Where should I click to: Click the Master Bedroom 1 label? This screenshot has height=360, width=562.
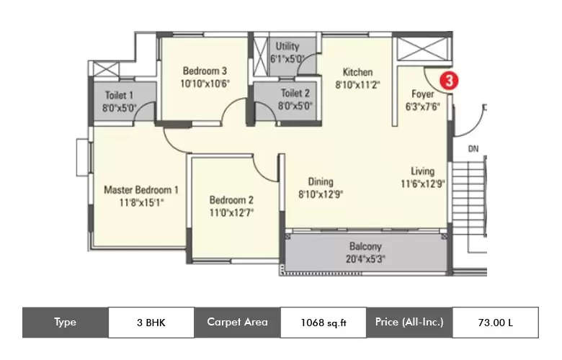[141, 190]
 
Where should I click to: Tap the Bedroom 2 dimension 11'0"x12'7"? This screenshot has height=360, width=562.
[231, 212]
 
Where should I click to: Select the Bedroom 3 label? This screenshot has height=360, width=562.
[205, 71]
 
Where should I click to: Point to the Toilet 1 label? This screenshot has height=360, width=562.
[119, 95]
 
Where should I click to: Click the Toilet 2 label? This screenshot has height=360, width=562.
[295, 93]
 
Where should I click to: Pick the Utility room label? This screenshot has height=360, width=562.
[284, 46]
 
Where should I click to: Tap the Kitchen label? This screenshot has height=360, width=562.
[357, 72]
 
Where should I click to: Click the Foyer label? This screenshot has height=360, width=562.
[422, 94]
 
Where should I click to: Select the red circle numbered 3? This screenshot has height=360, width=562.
[449, 81]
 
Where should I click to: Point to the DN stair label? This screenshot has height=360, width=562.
[473, 150]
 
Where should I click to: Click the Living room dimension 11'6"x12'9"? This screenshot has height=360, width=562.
[423, 183]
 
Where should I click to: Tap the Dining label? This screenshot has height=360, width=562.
[321, 181]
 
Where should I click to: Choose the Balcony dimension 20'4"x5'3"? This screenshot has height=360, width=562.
[365, 258]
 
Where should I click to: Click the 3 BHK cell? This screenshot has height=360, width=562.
[151, 323]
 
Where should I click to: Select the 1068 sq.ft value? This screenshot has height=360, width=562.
[324, 323]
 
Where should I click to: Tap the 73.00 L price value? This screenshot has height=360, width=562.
[495, 323]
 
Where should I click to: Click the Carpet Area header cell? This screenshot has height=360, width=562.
[237, 322]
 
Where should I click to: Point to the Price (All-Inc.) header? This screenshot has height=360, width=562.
[409, 322]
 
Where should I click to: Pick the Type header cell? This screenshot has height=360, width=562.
[65, 323]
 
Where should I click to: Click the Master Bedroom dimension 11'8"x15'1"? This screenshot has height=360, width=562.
[141, 202]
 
